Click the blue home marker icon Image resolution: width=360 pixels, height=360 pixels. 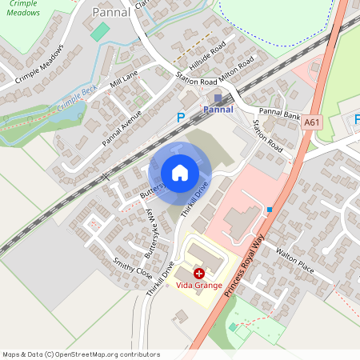click(180, 173)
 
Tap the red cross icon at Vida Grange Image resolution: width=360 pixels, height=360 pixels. click(198, 274)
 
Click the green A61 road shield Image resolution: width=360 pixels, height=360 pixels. click(312, 122)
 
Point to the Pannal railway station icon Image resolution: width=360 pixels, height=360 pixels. click(218, 98)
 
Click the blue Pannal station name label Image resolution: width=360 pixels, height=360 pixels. click(218, 109)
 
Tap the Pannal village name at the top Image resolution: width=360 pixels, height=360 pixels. click(110, 12)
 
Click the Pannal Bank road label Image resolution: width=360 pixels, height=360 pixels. click(279, 113)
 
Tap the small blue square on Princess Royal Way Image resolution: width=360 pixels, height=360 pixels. click(270, 210)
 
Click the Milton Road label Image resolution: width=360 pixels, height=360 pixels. click(238, 70)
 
